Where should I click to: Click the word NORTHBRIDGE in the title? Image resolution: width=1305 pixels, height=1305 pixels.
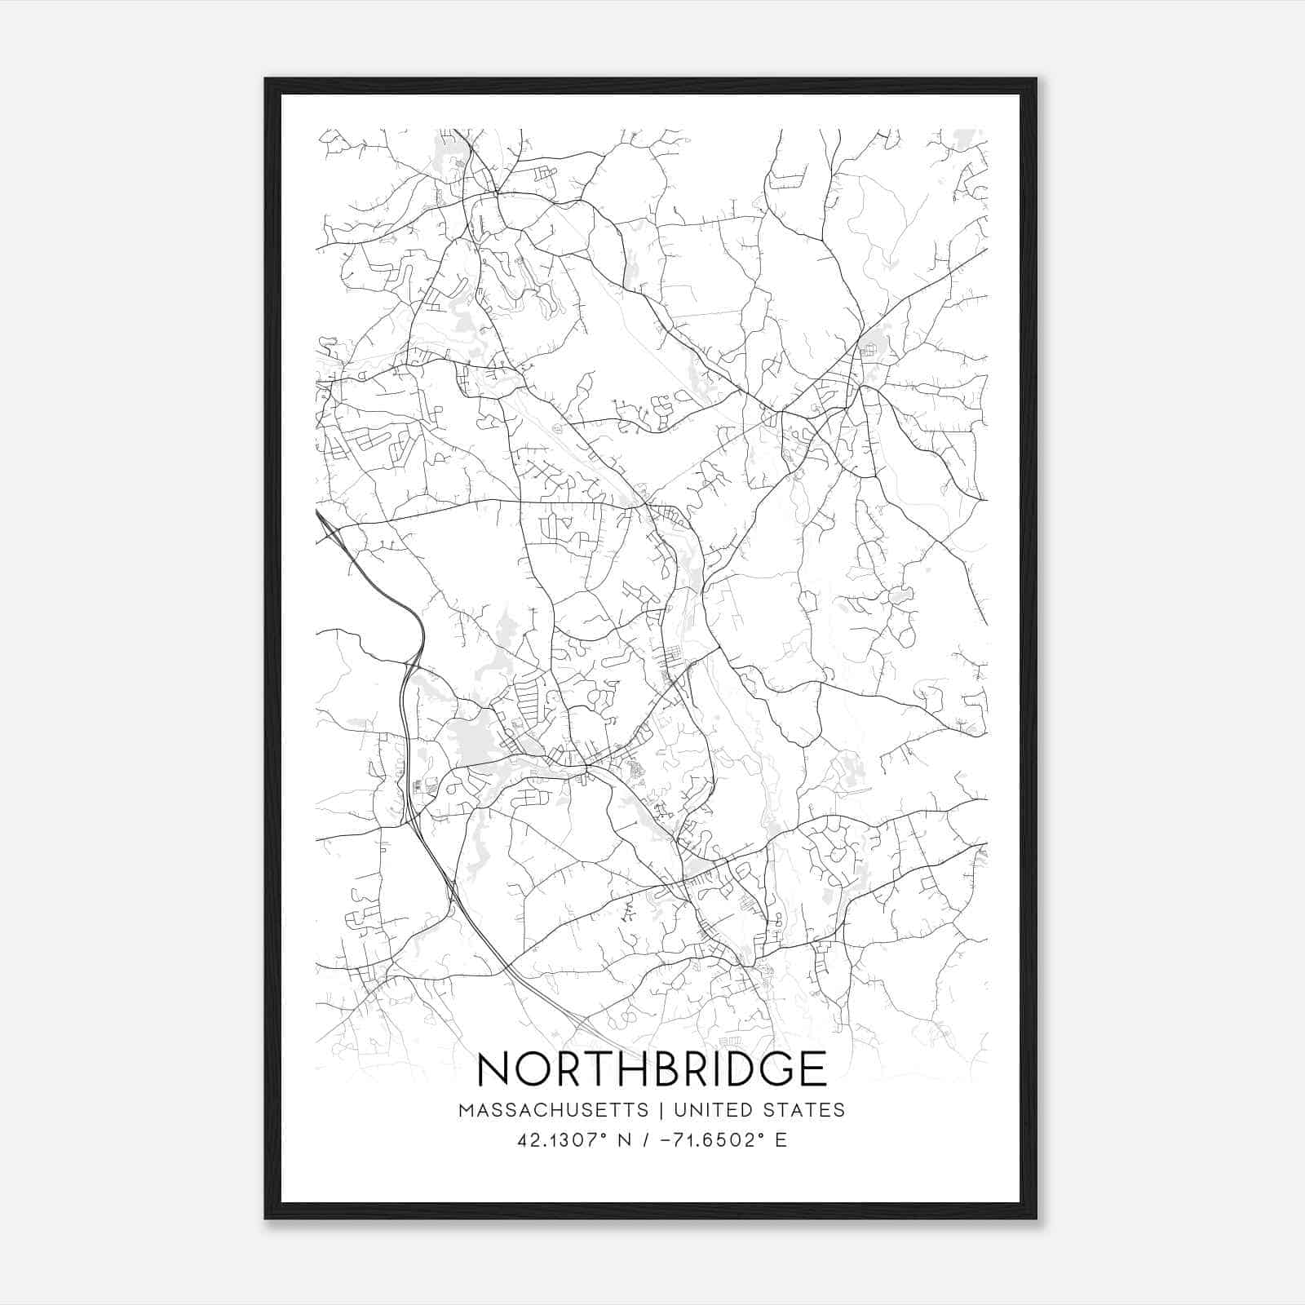tap(652, 1068)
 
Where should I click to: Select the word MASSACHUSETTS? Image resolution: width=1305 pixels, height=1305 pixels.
tap(554, 1110)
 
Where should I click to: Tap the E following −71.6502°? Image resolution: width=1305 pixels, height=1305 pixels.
tap(781, 1140)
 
